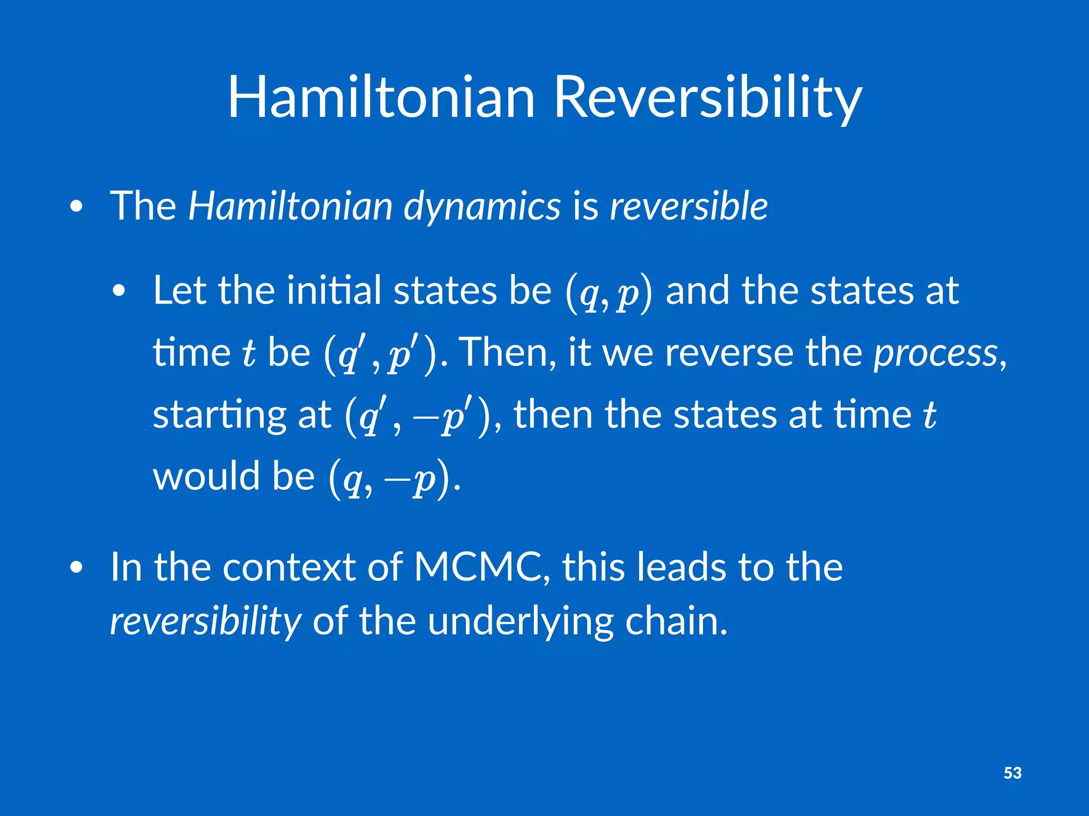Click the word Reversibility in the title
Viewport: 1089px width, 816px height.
pos(707,98)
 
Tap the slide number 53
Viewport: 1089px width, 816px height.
pos(1012,773)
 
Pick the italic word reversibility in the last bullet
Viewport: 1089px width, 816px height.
pos(205,622)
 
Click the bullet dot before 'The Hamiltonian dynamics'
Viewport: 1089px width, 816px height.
pos(77,208)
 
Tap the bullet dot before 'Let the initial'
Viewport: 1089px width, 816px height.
pos(119,292)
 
